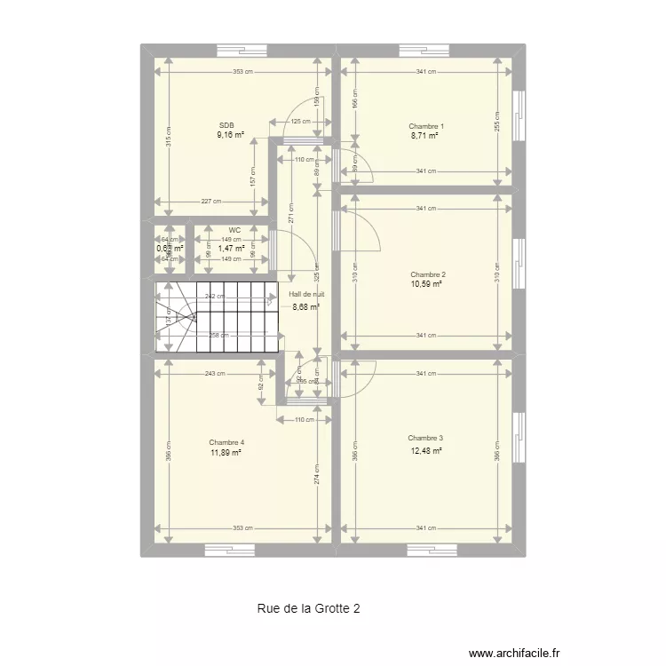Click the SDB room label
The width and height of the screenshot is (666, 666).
(x=226, y=126)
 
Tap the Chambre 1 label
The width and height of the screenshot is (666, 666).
(x=426, y=126)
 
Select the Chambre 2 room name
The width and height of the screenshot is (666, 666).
(x=427, y=274)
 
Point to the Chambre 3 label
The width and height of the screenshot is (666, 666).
(x=425, y=438)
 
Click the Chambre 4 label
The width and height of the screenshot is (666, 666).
(x=226, y=442)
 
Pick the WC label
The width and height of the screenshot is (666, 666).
(x=234, y=230)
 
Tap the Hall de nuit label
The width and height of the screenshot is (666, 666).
(x=306, y=295)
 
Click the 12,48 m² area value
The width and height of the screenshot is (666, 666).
(x=426, y=449)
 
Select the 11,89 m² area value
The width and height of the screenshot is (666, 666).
(x=226, y=453)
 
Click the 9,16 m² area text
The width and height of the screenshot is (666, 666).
(x=230, y=137)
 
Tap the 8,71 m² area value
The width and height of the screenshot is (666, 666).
(x=424, y=137)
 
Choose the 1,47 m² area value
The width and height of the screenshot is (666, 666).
(x=231, y=249)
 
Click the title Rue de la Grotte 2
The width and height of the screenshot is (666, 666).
(x=309, y=608)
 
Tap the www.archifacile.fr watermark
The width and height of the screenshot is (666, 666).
(x=516, y=650)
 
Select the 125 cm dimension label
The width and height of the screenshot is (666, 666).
(x=300, y=122)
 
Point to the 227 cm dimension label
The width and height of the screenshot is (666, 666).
(x=210, y=201)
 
